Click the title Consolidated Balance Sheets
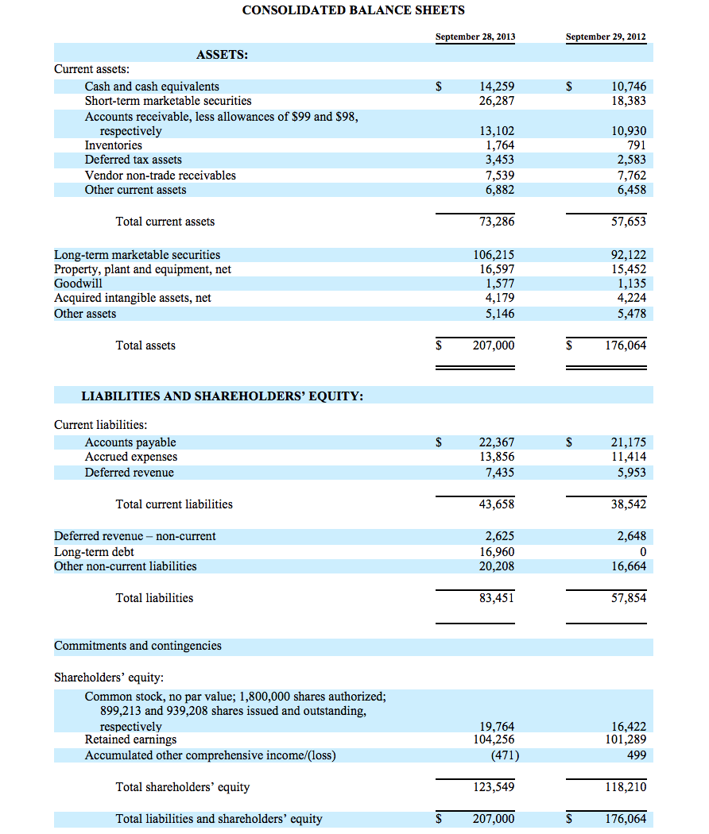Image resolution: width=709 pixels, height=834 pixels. (353, 10)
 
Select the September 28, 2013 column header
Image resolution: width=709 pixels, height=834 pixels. (475, 37)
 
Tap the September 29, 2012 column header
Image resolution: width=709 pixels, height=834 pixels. (606, 37)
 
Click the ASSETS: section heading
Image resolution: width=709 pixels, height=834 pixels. (222, 55)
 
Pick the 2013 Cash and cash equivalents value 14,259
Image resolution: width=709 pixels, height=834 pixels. (497, 87)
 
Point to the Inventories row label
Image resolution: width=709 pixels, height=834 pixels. (114, 145)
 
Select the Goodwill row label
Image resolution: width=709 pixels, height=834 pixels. (78, 284)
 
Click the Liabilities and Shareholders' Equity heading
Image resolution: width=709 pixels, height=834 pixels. (223, 396)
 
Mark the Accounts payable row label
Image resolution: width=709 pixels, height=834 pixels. (130, 442)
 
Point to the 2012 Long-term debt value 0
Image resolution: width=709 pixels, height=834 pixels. (642, 552)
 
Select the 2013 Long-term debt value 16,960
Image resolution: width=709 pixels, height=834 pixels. (497, 552)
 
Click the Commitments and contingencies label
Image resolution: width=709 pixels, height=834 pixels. (138, 646)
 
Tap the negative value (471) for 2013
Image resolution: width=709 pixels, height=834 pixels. (501, 755)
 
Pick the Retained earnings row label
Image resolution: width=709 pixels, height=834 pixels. (131, 740)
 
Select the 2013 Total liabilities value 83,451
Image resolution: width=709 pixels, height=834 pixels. (497, 598)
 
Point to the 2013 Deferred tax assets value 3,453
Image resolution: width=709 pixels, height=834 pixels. (500, 160)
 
